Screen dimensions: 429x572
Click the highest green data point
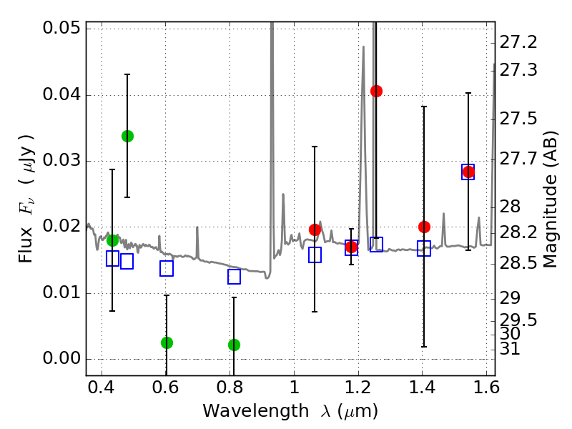(127, 136)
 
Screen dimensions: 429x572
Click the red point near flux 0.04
(376, 91)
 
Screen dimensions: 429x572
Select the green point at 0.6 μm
(167, 342)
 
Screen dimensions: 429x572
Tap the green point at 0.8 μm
(234, 345)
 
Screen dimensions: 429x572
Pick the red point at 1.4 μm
(424, 227)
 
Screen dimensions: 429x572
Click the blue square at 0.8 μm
(234, 277)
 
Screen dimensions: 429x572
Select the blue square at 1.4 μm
(424, 249)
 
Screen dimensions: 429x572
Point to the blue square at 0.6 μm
(167, 269)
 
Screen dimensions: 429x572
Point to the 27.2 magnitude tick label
(520, 43)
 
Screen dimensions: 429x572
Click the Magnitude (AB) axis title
(550, 199)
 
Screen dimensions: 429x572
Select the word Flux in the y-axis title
(26, 228)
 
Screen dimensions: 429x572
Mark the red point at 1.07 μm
(315, 230)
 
